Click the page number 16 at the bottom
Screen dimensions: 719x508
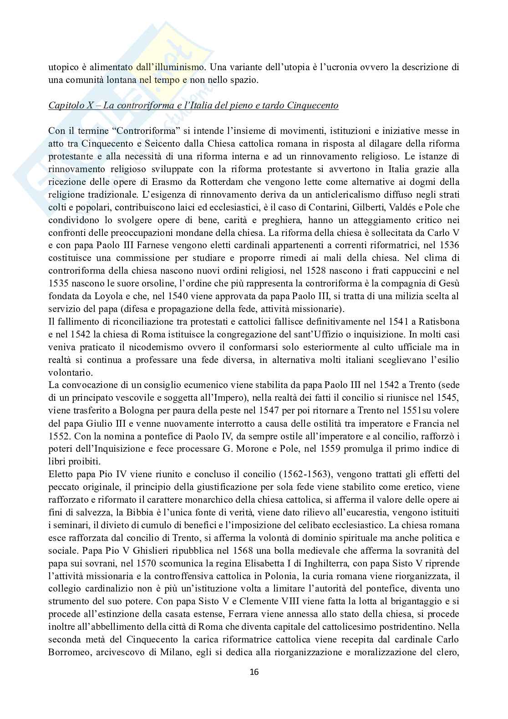point(254,671)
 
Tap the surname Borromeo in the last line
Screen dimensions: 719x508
point(68,653)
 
